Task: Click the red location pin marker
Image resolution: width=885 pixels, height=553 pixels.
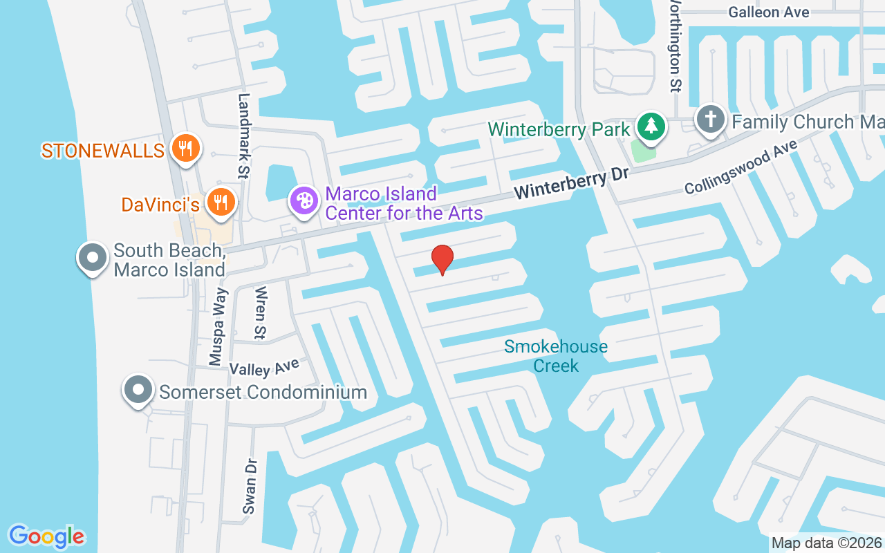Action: click(x=442, y=259)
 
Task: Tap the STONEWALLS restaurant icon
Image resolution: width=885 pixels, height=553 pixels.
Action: click(x=185, y=148)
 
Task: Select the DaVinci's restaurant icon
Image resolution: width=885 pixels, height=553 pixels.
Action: click(x=221, y=203)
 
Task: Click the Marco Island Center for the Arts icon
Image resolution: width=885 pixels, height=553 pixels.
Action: click(x=304, y=201)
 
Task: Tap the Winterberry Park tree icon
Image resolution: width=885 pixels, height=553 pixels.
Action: click(x=651, y=126)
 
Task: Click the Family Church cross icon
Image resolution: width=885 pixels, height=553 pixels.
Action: click(x=710, y=119)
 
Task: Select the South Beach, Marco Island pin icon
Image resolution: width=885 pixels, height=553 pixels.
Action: click(x=92, y=259)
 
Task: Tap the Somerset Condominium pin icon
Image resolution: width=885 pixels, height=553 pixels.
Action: click(x=138, y=390)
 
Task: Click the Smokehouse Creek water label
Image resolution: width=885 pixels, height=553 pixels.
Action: click(x=556, y=355)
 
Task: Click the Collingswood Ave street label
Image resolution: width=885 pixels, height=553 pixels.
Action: click(x=740, y=167)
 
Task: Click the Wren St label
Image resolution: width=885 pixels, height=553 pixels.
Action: click(x=261, y=312)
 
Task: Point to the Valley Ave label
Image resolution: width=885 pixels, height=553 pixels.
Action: click(x=264, y=366)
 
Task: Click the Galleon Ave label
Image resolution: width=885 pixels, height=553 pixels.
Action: click(x=768, y=12)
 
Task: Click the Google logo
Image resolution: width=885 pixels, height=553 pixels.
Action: click(x=46, y=536)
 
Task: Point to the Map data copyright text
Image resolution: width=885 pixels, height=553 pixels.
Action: click(x=827, y=543)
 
